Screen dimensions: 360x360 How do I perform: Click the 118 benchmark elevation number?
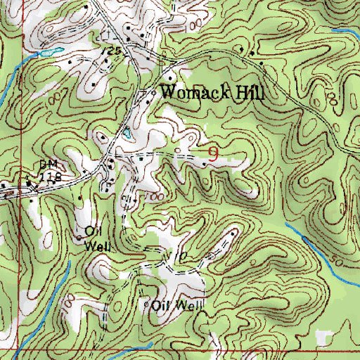pyautogui.click(x=51, y=179)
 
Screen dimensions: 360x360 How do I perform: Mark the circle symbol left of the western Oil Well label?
pyautogui.click(x=79, y=236)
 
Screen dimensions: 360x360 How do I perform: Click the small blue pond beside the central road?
pyautogui.click(x=127, y=134)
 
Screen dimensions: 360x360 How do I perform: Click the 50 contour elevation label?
pyautogui.click(x=340, y=261)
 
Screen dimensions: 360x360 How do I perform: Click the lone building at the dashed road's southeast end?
pyautogui.click(x=233, y=231)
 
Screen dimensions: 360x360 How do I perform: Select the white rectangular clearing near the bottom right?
pyautogui.click(x=321, y=340)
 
